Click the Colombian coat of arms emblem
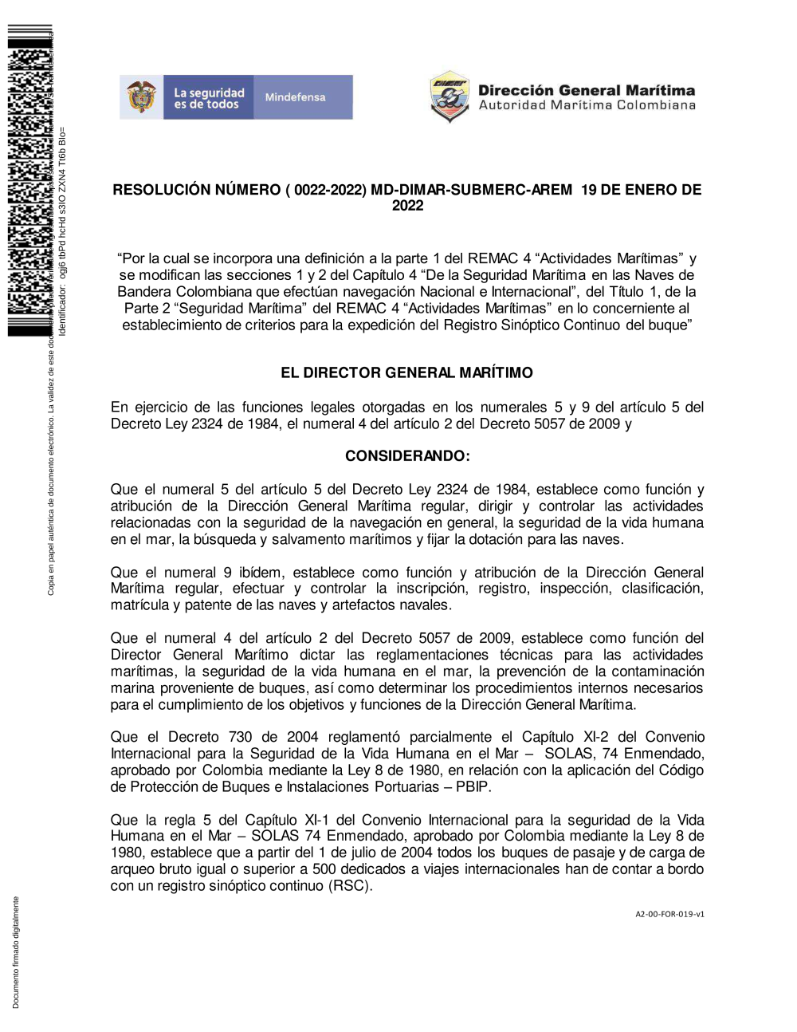pyautogui.click(x=142, y=97)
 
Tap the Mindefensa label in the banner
pyautogui.click(x=295, y=97)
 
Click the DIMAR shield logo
pyautogui.click(x=450, y=97)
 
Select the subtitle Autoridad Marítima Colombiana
pyautogui.click(x=587, y=105)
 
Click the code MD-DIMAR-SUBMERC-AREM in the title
pyautogui.click(x=471, y=190)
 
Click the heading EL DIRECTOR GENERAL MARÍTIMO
pyautogui.click(x=406, y=372)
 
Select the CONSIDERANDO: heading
pyautogui.click(x=407, y=456)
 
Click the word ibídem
pyautogui.click(x=261, y=573)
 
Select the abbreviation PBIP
pyautogui.click(x=473, y=787)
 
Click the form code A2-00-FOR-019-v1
pyautogui.click(x=669, y=915)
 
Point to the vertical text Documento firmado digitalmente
pyautogui.click(x=16, y=953)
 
